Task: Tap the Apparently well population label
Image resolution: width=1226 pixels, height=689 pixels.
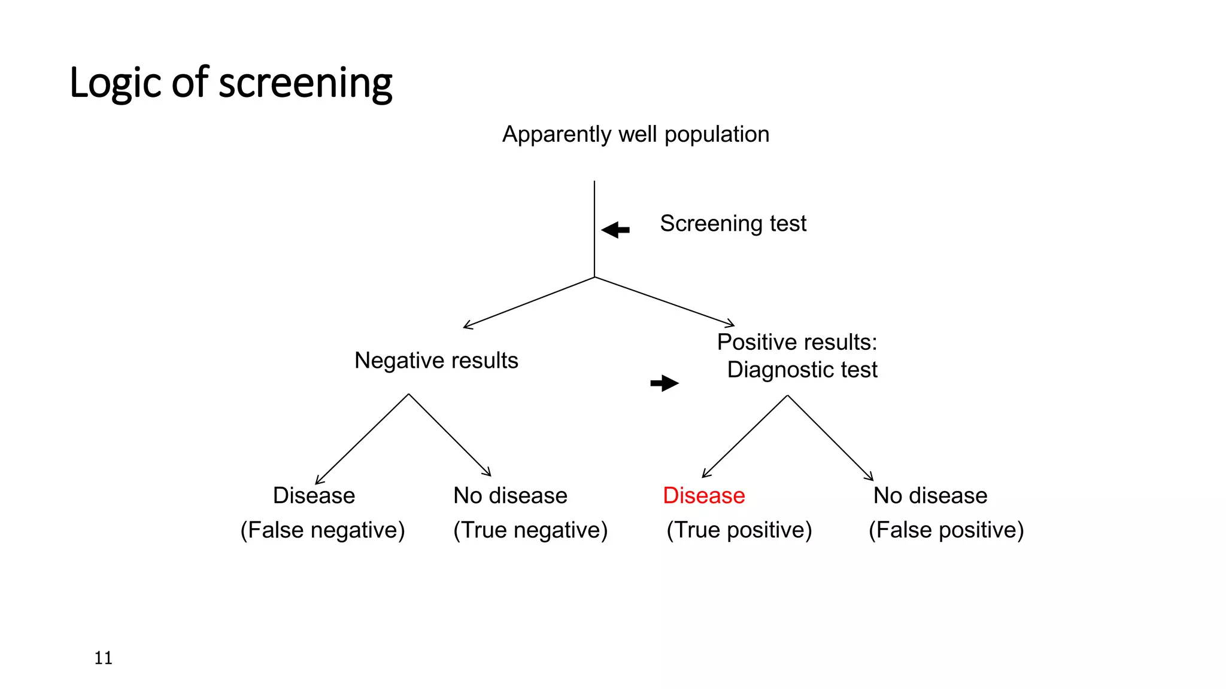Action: pos(636,135)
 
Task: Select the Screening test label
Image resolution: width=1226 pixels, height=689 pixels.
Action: pos(733,224)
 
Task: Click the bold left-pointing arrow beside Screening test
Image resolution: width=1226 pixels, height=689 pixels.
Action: pos(615,230)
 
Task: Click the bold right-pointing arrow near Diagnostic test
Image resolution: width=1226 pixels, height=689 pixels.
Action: pos(664,383)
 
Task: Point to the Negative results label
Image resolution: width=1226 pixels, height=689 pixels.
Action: pos(436,361)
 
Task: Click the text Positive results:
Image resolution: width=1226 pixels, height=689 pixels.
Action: pos(797,342)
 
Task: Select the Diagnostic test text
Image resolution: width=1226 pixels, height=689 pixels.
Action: pos(802,370)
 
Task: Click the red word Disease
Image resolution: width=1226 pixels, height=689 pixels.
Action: pos(703,496)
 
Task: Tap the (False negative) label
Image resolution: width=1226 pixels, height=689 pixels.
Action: pos(322,531)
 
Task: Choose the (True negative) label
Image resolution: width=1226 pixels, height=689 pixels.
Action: pos(530,531)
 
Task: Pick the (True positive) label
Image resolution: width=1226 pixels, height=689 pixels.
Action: pos(739,531)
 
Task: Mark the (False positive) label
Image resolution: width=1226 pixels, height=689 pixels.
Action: pos(946,531)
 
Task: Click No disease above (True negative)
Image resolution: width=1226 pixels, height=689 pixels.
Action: pos(510,496)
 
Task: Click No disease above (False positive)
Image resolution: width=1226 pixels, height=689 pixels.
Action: pos(930,496)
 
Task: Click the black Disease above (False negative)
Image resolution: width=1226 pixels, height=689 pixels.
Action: pos(314,496)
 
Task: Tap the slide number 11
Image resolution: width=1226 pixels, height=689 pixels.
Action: pos(103,658)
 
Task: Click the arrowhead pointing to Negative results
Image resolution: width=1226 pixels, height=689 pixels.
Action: pos(467,326)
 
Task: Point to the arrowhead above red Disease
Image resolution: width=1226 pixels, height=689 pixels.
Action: pos(705,474)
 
